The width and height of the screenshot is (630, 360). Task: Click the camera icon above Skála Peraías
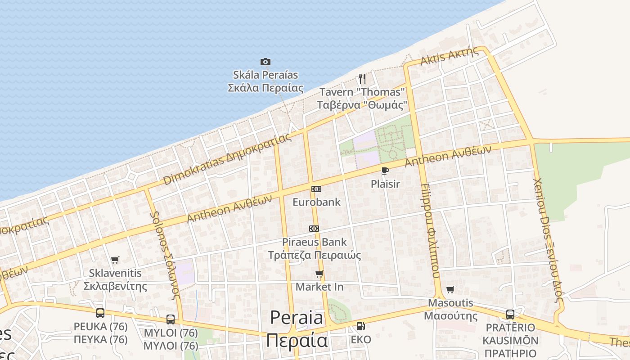[265, 62]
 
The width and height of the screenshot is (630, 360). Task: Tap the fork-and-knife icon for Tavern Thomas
[362, 79]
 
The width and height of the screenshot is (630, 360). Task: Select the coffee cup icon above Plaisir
[385, 171]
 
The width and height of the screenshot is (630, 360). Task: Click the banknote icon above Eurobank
[316, 189]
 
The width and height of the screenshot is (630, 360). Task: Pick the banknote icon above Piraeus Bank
[314, 229]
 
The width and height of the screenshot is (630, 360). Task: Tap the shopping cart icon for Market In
[319, 274]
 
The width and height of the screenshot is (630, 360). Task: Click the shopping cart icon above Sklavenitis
[115, 260]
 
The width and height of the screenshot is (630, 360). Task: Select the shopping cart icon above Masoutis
[450, 289]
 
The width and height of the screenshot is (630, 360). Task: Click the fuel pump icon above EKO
[360, 326]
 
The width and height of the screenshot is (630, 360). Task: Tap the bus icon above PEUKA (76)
[100, 313]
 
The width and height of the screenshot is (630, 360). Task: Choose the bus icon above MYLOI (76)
[171, 319]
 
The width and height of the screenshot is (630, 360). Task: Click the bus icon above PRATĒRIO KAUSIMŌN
[510, 314]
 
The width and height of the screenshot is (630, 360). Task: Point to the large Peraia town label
[297, 329]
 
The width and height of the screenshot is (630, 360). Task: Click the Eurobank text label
[316, 202]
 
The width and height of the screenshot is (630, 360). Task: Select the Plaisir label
[385, 184]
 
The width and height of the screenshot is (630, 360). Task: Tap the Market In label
[319, 287]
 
